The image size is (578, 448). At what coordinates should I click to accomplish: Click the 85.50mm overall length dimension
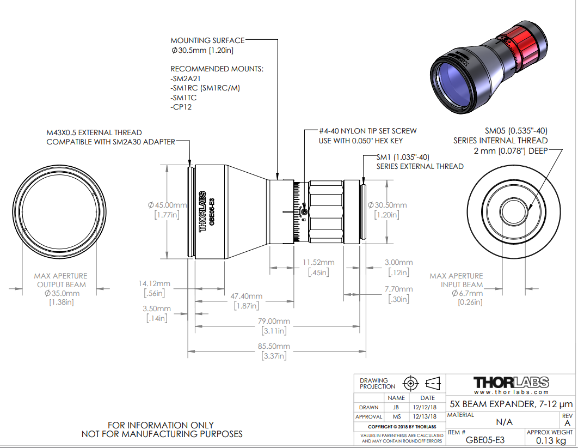coord(274,346)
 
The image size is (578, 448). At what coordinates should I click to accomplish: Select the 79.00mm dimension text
coord(274,321)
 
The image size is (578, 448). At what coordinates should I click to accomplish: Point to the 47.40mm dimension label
coord(246,296)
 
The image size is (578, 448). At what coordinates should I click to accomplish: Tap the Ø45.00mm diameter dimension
coord(167,205)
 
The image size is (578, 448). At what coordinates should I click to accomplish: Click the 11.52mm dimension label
coord(318,262)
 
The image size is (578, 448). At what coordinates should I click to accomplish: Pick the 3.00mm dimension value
coord(399,262)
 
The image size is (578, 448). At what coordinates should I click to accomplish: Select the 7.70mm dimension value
coord(399,289)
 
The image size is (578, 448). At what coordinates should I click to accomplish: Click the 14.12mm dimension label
coord(155,283)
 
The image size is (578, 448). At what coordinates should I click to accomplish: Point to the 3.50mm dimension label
coord(157,308)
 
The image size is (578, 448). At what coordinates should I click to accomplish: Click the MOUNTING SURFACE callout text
coord(207,40)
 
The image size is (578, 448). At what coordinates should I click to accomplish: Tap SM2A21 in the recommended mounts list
coord(186,78)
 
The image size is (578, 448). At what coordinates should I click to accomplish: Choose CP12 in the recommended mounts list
coord(181,107)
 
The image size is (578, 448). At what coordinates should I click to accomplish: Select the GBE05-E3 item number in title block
coord(485,440)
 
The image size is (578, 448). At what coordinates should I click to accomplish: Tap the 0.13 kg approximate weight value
coord(551,440)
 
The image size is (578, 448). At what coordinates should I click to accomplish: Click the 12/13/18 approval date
coord(425,416)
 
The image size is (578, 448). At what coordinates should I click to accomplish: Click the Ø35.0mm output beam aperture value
coord(62,293)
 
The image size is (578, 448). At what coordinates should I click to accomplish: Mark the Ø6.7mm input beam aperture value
coord(468,293)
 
